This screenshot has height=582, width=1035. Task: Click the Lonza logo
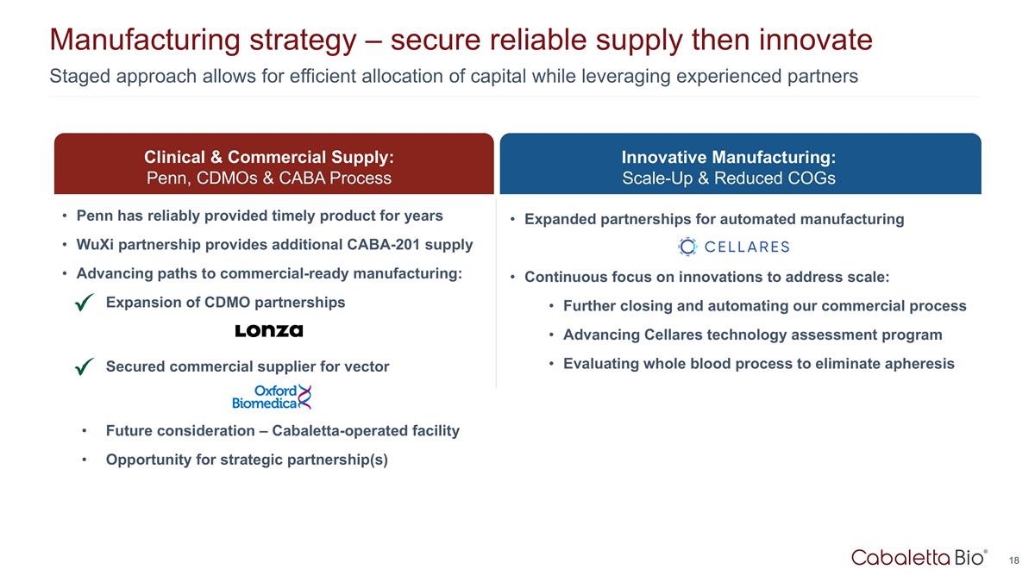pyautogui.click(x=269, y=331)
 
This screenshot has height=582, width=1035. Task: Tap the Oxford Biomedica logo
pyautogui.click(x=271, y=397)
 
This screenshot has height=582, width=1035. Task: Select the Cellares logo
pyautogui.click(x=734, y=247)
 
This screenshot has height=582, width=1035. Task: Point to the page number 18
pyautogui.click(x=1013, y=560)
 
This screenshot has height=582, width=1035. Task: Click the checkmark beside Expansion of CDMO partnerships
pyautogui.click(x=85, y=303)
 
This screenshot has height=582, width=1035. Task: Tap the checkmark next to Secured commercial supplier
pyautogui.click(x=85, y=367)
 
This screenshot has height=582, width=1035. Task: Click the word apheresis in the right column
pyautogui.click(x=919, y=363)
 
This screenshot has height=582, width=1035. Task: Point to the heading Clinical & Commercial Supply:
pyautogui.click(x=269, y=157)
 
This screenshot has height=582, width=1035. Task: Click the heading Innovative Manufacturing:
pyautogui.click(x=729, y=157)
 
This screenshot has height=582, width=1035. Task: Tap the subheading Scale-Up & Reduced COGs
pyautogui.click(x=729, y=178)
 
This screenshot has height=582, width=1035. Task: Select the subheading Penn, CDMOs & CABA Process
pyautogui.click(x=269, y=178)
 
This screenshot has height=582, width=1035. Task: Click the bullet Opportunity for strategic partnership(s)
pyautogui.click(x=247, y=459)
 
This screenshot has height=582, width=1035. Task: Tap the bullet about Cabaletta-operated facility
pyautogui.click(x=282, y=430)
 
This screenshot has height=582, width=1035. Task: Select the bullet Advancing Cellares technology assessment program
pyautogui.click(x=752, y=335)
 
